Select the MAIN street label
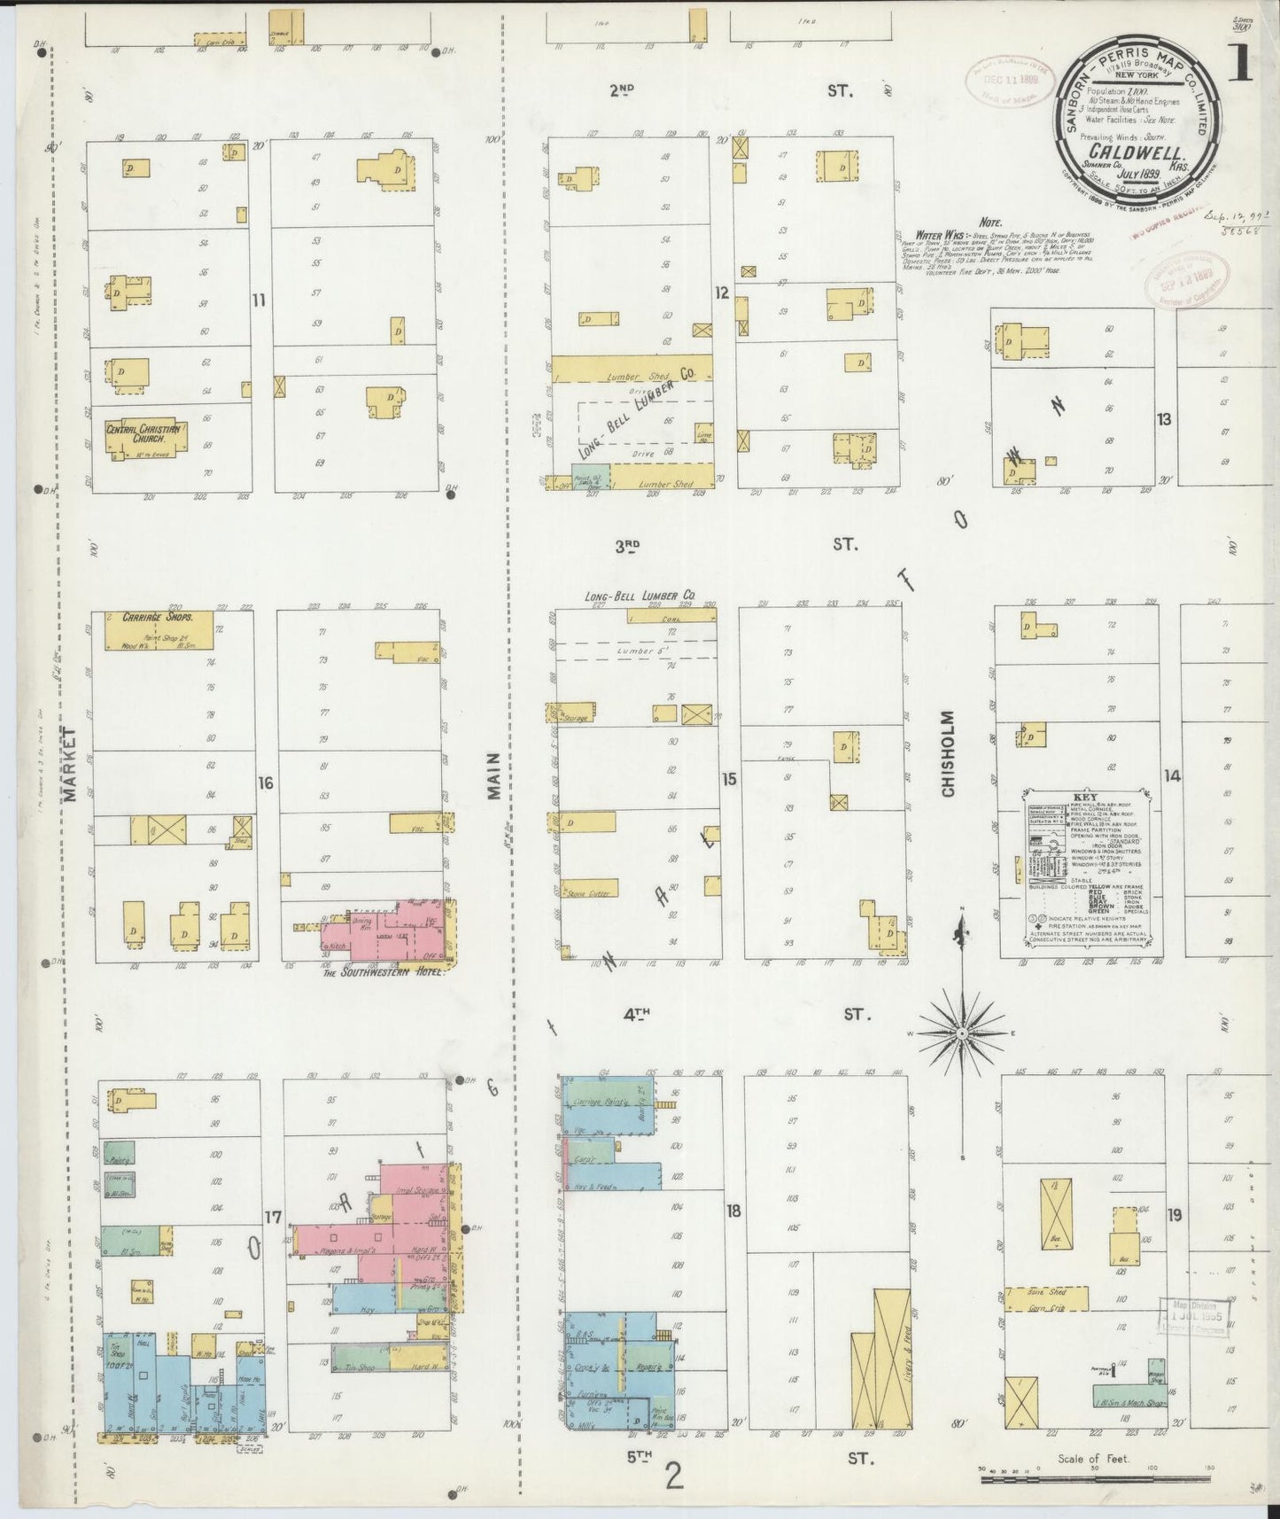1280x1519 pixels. (x=494, y=775)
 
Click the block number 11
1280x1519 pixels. (x=258, y=300)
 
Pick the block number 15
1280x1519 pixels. (x=728, y=779)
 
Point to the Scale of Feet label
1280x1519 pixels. (x=1093, y=1458)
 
